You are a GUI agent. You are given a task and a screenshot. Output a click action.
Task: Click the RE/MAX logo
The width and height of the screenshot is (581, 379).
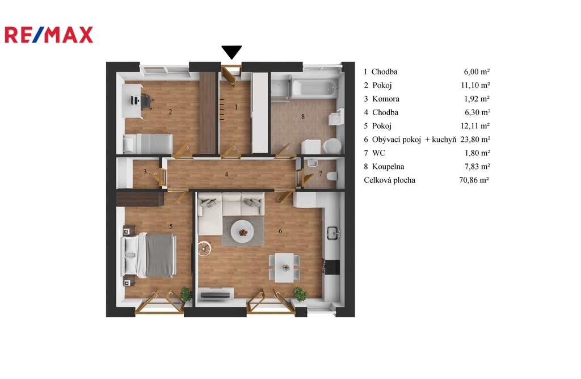[x=49, y=35]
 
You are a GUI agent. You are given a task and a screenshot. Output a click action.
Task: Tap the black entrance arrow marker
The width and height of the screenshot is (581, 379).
[x=231, y=52]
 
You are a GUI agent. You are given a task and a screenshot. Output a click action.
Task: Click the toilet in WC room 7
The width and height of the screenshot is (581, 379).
[x=332, y=176]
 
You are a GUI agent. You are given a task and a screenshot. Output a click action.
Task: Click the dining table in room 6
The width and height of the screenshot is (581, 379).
[x=285, y=267]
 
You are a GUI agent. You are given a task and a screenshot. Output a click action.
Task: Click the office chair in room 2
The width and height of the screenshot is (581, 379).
[x=146, y=101]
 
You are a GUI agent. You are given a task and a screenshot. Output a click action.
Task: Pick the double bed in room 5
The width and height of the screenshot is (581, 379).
[x=149, y=255]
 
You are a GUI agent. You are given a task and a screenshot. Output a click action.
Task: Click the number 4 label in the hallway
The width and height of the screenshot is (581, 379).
[x=226, y=174]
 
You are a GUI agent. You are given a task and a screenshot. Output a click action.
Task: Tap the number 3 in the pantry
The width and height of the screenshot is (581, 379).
[x=145, y=171]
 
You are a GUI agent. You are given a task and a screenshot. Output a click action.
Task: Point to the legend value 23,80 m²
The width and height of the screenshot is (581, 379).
[x=475, y=140]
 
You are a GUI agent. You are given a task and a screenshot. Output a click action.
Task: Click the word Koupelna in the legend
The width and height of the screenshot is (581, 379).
[x=388, y=167]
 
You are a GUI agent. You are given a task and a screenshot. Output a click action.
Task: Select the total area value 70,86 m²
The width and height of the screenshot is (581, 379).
[x=474, y=180]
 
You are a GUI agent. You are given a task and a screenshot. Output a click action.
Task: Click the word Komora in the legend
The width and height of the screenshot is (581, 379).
[x=386, y=99]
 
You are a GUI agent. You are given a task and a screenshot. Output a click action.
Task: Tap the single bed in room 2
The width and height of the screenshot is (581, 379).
[x=148, y=144]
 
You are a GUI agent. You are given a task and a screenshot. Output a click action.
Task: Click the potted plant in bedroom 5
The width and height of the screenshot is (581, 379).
[x=186, y=294]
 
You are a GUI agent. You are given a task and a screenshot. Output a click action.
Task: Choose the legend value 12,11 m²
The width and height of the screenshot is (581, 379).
[x=475, y=126]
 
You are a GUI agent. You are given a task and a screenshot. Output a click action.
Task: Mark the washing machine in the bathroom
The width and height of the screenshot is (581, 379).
[x=310, y=147]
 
